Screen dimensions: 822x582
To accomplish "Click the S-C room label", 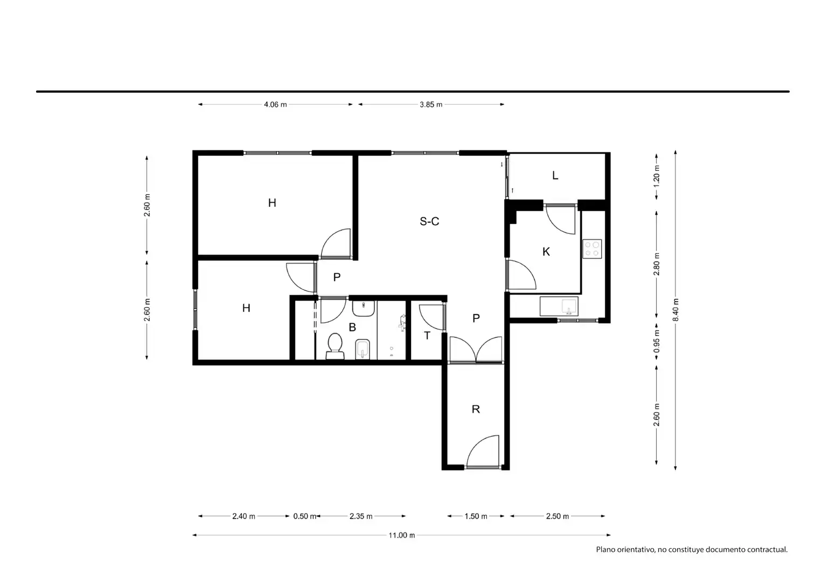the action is coord(429,221).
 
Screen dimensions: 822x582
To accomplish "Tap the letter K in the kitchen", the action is coord(546,252).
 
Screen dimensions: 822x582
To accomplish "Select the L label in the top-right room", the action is coord(555,176).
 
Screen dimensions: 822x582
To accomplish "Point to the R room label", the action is coord(476,409).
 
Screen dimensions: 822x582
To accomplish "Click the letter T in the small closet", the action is coord(427,336).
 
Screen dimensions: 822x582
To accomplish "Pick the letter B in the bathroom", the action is coord(352,327).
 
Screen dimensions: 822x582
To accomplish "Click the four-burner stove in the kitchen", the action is coord(592,248).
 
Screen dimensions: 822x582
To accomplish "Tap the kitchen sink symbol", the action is coord(559,306).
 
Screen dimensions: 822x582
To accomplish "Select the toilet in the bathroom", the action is coord(335,346).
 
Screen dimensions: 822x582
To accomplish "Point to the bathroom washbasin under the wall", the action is coord(363,308).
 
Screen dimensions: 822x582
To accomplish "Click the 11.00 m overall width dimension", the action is coord(401,535).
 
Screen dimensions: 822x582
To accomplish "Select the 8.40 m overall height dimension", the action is coord(675,310).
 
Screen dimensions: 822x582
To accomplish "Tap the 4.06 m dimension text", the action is coord(275,105).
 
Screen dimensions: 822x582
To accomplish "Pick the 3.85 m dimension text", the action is coord(431,105).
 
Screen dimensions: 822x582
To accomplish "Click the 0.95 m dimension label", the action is coord(657,341).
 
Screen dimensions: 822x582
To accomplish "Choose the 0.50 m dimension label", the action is coord(304,516).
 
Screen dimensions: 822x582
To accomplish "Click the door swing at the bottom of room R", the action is coord(483,451).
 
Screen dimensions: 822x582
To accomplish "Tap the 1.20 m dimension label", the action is coord(657,176).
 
